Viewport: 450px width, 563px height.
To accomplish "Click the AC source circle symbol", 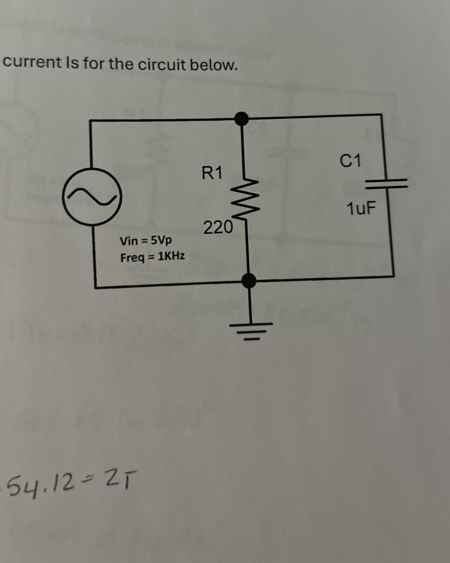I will (92, 196).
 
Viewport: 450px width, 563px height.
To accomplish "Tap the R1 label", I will (212, 173).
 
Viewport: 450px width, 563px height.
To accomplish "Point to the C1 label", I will (350, 161).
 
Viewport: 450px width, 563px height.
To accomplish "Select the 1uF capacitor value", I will (361, 209).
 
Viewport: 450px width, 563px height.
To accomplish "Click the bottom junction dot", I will (249, 281).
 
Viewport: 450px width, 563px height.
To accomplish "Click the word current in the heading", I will (32, 63).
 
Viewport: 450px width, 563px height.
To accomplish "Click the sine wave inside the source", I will (92, 196).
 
